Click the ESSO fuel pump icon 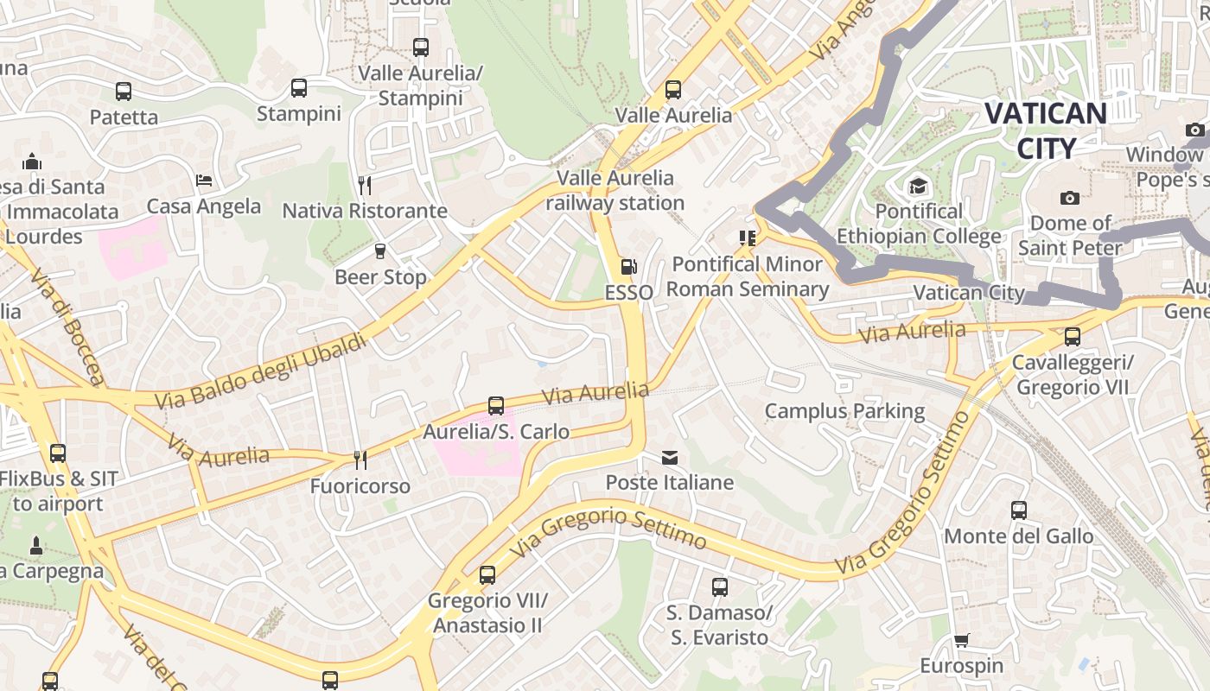629,268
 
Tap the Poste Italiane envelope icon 670,458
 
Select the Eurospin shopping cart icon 961,641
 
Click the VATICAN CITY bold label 1046,130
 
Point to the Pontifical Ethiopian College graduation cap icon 917,187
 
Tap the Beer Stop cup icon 379,251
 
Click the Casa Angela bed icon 204,181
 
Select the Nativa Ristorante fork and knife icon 365,185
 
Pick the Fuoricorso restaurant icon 360,461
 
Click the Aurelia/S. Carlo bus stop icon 496,405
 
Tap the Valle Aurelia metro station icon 673,89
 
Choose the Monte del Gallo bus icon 1019,510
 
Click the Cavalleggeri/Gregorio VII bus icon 1073,337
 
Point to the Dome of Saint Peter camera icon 1070,198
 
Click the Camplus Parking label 844,411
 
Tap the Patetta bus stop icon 124,92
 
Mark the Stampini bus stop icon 299,88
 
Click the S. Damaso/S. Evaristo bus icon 720,587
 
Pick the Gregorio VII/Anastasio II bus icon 487,574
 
